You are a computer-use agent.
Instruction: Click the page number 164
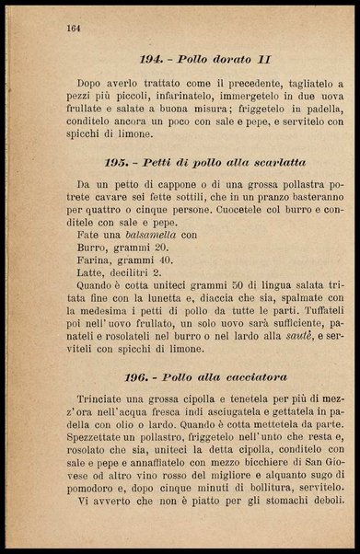point(75,29)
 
